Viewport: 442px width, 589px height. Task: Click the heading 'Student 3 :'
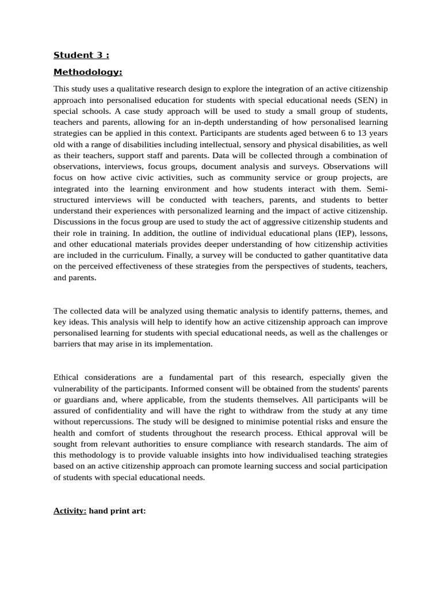pos(81,55)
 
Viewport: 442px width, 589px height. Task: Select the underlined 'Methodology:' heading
pos(88,72)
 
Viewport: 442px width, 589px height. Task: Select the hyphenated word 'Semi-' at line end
pos(376,189)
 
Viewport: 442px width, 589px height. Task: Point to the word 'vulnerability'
pos(78,388)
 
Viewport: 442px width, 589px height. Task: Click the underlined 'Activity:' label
pos(70,495)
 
